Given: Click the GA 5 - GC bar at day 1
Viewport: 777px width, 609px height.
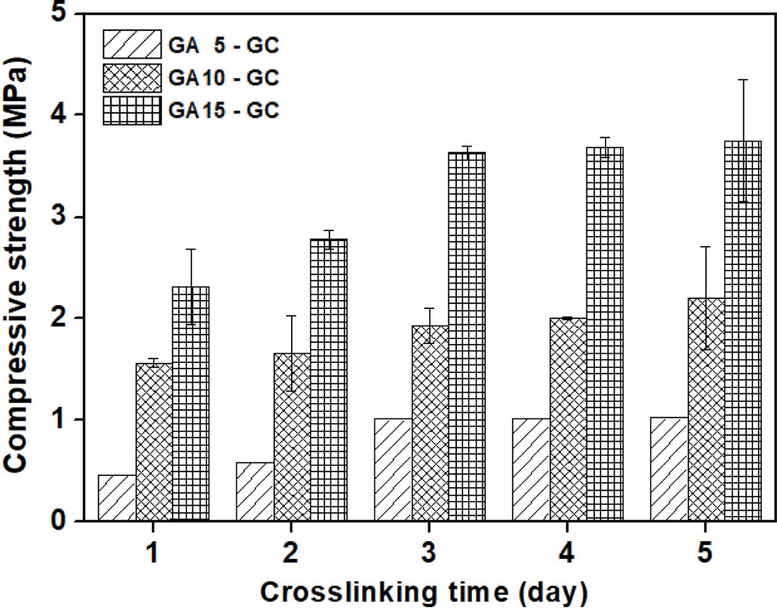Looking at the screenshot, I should (x=117, y=498).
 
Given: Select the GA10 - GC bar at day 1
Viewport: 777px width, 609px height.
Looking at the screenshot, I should (x=154, y=442).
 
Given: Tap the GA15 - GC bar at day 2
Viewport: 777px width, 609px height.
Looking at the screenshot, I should (x=329, y=380).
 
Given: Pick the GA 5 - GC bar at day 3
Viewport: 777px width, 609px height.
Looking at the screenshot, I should (x=393, y=470).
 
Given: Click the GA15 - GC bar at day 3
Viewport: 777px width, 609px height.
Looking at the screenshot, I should (x=467, y=337).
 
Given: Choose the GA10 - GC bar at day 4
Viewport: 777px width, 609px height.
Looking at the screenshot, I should (x=568, y=419).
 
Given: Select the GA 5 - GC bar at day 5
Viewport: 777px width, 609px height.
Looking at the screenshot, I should (x=669, y=469).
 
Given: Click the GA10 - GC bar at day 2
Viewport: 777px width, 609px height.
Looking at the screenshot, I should (x=292, y=437).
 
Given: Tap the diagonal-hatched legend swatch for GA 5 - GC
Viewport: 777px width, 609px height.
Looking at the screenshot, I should (x=132, y=44).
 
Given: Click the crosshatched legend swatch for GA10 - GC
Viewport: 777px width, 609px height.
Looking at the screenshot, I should (x=132, y=78).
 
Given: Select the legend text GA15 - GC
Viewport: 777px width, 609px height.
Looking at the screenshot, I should (x=223, y=110).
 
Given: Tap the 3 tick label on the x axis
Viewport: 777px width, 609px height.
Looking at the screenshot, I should (x=429, y=552).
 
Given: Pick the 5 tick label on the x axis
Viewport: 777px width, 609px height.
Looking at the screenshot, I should (x=705, y=552).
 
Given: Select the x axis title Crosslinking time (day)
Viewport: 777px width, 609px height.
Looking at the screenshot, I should (x=424, y=592).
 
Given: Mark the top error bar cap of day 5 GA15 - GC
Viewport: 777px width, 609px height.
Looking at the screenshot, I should (x=743, y=80).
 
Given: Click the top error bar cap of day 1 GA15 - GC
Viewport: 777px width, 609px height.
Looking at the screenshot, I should (x=191, y=249).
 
